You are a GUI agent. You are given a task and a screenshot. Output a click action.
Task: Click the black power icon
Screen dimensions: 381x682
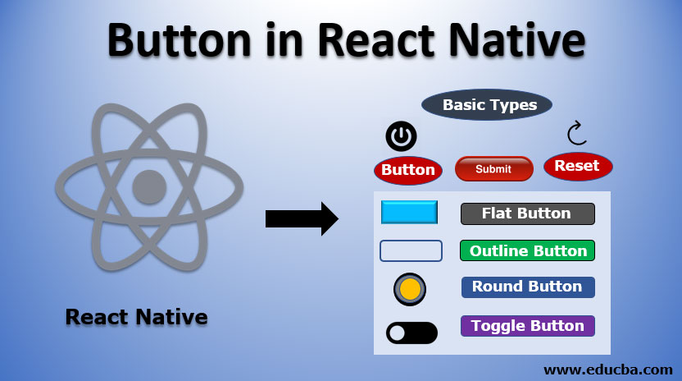click(x=402, y=136)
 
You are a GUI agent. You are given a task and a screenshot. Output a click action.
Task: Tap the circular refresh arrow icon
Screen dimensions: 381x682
click(x=577, y=133)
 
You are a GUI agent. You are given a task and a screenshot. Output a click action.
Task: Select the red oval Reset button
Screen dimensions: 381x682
click(x=577, y=166)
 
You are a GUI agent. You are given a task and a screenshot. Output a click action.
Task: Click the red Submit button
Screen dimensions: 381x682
click(x=493, y=169)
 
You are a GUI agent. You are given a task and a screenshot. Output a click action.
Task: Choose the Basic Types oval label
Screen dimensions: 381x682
click(x=488, y=105)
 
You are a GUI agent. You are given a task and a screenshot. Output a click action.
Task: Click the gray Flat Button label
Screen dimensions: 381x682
click(x=527, y=213)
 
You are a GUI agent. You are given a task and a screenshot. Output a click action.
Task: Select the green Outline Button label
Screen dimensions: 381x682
click(x=527, y=250)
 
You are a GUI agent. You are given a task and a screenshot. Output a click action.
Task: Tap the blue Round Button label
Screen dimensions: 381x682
click(x=527, y=287)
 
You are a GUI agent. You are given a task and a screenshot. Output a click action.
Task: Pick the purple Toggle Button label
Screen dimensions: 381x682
click(x=527, y=326)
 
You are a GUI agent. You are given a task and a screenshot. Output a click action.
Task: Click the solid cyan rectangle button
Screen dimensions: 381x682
click(x=409, y=212)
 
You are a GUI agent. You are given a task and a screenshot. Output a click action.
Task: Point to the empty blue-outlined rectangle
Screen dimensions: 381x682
click(x=411, y=250)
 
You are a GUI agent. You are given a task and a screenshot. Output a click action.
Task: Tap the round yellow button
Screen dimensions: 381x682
click(x=410, y=288)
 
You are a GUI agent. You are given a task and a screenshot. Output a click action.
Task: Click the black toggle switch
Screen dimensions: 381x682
click(x=411, y=333)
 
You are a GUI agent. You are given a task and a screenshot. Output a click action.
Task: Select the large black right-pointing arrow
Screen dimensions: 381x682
click(x=302, y=218)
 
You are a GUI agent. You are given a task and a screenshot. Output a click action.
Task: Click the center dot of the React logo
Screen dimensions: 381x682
click(x=149, y=187)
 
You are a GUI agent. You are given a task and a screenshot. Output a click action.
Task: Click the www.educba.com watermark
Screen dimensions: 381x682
click(x=607, y=370)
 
